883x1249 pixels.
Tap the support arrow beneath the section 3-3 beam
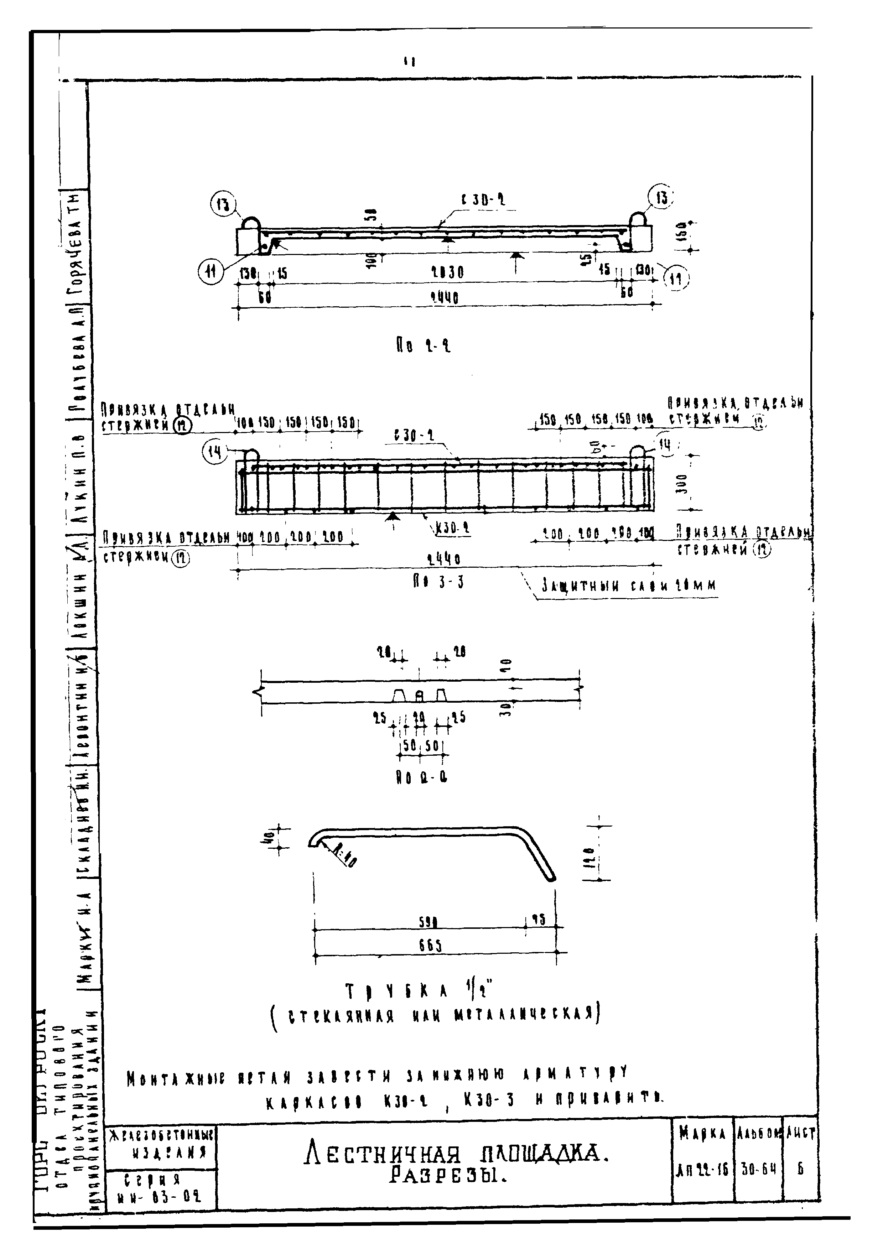pyautogui.click(x=392, y=517)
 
